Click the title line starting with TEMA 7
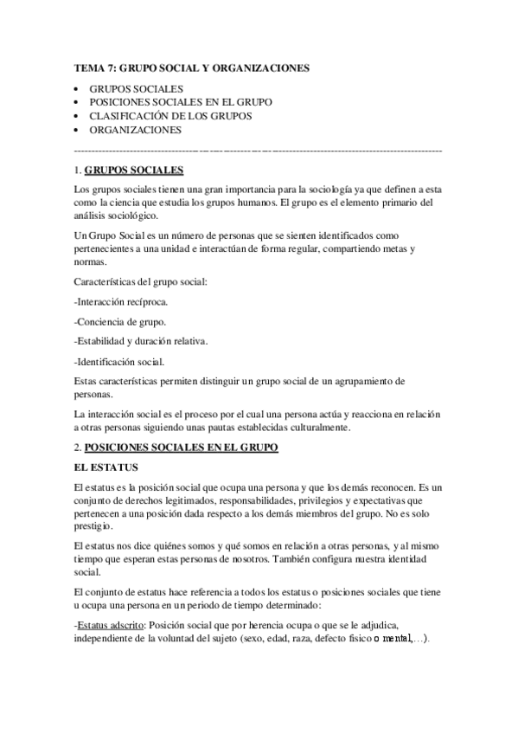pyautogui.click(x=191, y=67)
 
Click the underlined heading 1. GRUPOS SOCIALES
pyautogui.click(x=132, y=170)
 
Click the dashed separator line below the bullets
pyautogui.click(x=259, y=150)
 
